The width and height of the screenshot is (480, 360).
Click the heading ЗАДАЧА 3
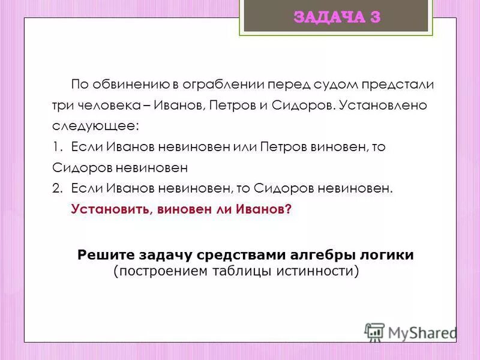337,17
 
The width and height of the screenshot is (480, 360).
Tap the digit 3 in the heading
375,17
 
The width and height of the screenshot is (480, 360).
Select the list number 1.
56,147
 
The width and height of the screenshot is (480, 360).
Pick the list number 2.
56,188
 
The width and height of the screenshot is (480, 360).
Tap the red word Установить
105,209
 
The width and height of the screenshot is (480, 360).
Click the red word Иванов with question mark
262,209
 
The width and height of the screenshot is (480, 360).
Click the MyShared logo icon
374,332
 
